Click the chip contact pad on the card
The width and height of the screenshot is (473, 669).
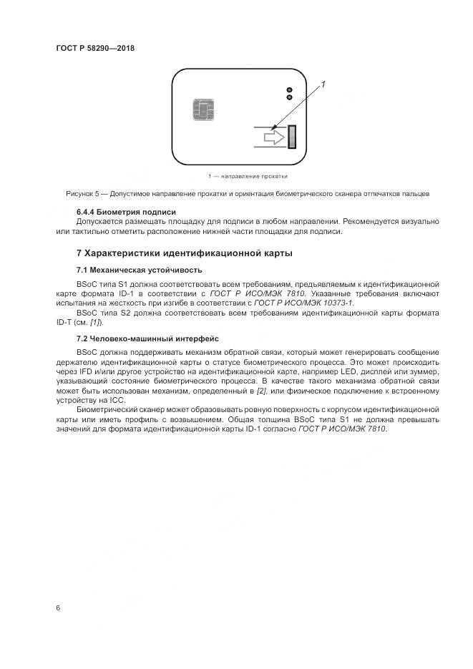tap(204, 111)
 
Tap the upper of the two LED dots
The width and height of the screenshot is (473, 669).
tap(289, 89)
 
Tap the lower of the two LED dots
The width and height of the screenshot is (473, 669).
tap(289, 97)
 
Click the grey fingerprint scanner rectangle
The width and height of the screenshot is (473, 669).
tap(292, 136)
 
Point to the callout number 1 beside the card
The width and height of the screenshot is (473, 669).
tap(323, 85)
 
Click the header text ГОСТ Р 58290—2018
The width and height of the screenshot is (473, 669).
tap(95, 49)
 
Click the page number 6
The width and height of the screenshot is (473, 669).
tap(58, 608)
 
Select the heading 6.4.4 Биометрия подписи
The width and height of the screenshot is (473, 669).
tap(126, 212)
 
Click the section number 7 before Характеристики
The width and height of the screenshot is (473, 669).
tap(79, 253)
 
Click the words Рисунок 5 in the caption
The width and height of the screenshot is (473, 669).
tap(82, 194)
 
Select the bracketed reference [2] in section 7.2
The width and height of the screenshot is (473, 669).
tap(262, 391)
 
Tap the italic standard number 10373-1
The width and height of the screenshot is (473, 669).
tap(338, 303)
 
